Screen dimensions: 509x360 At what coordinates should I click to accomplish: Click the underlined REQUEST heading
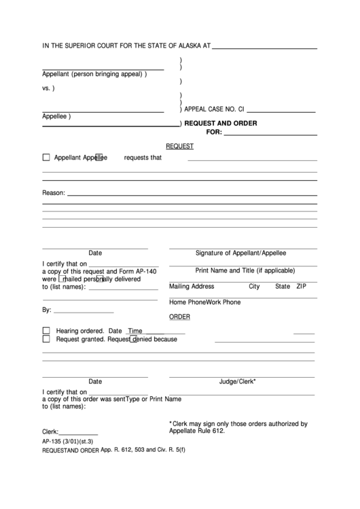click(180, 146)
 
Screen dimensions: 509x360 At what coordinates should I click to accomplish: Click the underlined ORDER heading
click(179, 317)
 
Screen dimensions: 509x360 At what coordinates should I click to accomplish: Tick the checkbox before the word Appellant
click(46, 158)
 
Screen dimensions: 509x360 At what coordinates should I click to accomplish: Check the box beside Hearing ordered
click(46, 330)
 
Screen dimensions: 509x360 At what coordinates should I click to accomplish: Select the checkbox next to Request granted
click(46, 338)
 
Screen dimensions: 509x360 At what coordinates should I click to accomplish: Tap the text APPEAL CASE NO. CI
click(214, 109)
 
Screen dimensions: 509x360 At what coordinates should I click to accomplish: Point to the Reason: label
click(54, 193)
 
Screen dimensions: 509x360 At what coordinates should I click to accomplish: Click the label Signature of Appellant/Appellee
click(241, 253)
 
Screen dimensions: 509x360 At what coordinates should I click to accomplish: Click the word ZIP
click(302, 286)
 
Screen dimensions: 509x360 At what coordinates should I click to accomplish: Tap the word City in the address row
click(254, 286)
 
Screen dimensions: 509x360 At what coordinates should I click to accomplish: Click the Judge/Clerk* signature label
click(237, 382)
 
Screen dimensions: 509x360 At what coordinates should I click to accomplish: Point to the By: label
click(47, 310)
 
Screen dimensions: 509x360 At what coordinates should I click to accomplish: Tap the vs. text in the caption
click(48, 88)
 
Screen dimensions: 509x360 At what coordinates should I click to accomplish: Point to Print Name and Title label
click(241, 270)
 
